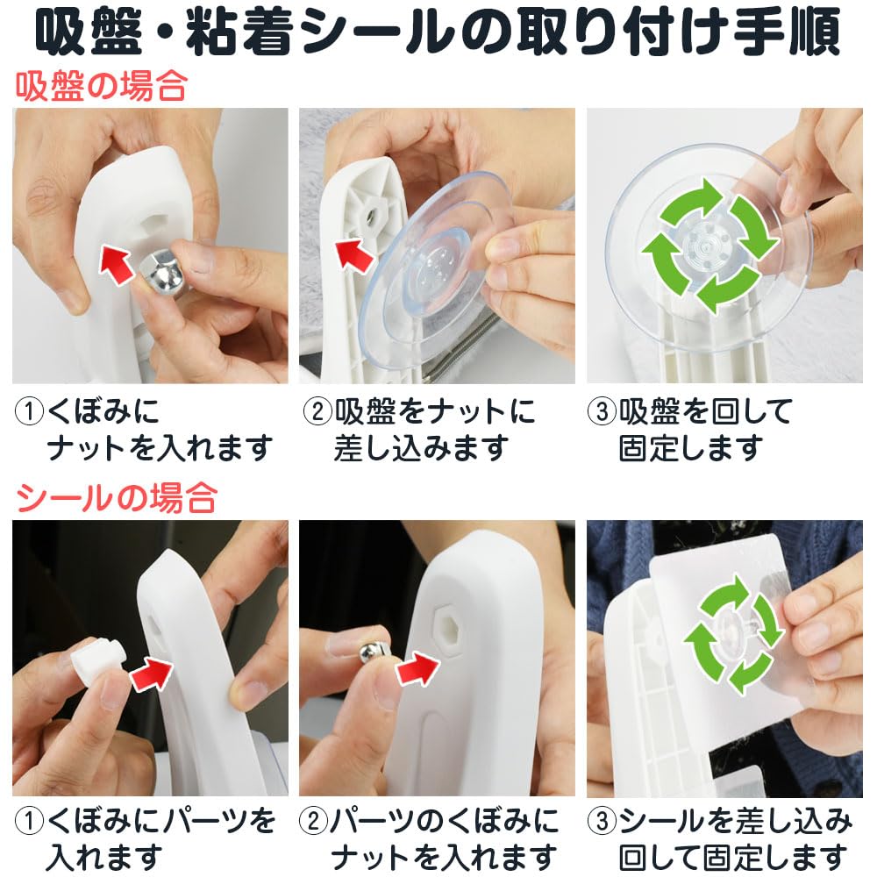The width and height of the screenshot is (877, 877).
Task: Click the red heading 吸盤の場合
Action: pos(101,87)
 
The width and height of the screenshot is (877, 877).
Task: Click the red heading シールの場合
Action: pos(117,498)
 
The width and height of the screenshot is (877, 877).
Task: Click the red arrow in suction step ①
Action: pos(117,264)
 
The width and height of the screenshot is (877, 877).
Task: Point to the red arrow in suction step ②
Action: pos(353,255)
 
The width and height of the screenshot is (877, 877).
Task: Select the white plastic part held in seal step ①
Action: pos(97,660)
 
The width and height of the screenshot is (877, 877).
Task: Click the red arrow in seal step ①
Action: pos(152,673)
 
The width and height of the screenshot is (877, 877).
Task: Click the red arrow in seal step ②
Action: pos(417,668)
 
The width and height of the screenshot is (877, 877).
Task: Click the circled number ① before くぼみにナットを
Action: pos(29,412)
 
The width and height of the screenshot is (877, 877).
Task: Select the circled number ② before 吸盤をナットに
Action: pos(317,412)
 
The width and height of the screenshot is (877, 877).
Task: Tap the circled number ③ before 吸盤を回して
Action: pos(602,412)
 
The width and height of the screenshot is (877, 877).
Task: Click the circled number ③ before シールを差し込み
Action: pos(602,822)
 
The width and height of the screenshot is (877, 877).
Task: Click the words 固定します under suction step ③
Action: pos(691,448)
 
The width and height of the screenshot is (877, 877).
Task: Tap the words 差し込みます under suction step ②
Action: pos(422,448)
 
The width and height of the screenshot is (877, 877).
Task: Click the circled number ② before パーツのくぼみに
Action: pos(314,822)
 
